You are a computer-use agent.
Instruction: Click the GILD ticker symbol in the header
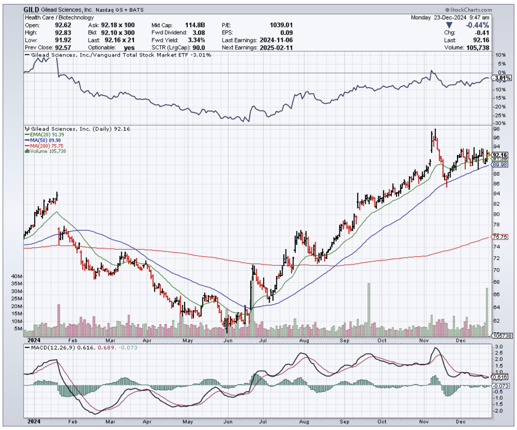coord(31,10)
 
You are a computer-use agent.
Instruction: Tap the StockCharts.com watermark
coord(468,10)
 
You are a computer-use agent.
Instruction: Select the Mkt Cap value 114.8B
coord(196,25)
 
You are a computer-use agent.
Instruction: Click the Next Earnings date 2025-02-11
coord(275,47)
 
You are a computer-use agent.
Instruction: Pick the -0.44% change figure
coord(478,25)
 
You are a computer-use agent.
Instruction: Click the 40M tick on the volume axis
coord(17,277)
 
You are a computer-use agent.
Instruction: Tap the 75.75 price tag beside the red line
coord(499,237)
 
